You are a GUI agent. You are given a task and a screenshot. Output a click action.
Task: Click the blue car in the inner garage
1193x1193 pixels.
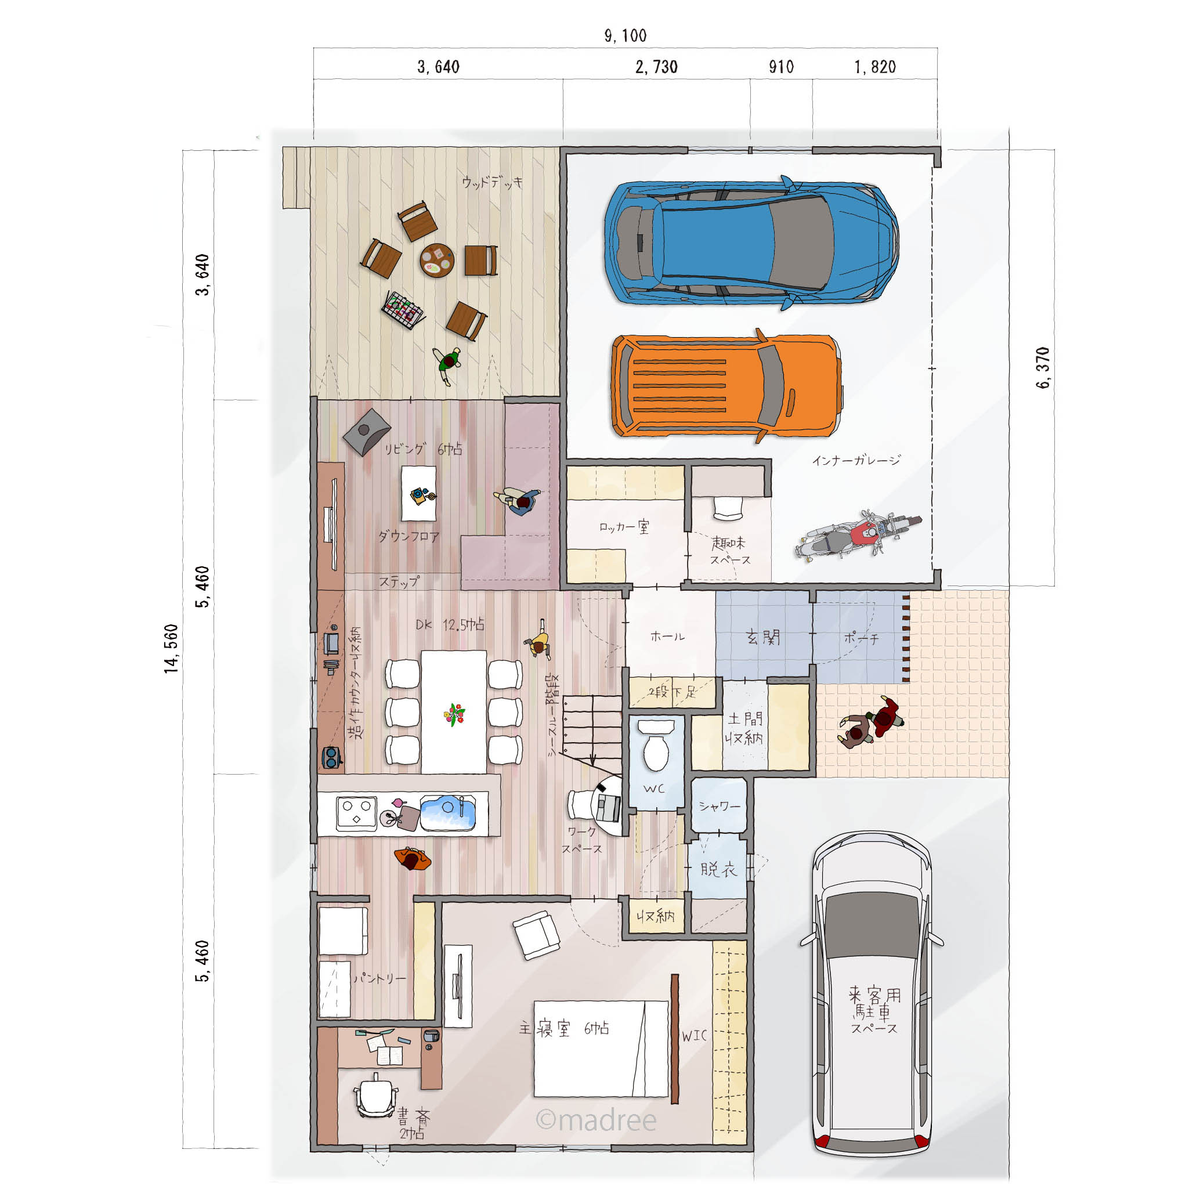751,242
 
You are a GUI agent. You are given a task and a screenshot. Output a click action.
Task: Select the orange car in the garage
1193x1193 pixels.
727,386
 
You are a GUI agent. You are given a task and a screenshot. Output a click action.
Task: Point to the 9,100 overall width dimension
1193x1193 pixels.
626,36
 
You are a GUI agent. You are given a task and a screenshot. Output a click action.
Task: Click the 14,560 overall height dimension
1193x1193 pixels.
171,648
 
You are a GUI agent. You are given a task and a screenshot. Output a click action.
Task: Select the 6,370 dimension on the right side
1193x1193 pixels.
1042,367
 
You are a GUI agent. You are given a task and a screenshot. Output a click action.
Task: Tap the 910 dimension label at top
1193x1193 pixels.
781,67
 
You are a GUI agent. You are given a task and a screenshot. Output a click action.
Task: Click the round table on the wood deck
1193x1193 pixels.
437,260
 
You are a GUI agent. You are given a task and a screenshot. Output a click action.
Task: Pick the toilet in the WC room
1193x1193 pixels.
656,744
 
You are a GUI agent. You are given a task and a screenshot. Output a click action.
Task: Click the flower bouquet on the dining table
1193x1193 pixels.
454,714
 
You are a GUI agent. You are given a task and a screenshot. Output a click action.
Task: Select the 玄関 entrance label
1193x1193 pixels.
763,637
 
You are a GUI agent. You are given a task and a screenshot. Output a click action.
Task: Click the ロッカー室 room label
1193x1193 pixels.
624,527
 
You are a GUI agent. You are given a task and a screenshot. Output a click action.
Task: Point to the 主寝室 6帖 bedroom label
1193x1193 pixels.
564,1028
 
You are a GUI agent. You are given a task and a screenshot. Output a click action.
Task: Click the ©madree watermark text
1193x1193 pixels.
596,1119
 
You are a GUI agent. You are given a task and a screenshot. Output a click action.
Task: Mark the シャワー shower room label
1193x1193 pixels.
720,807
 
